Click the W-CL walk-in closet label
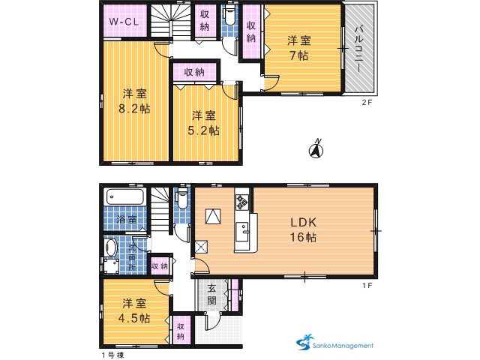tap(124, 22)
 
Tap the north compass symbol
tap(316, 148)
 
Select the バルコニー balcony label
tap(359, 49)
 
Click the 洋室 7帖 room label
tap(299, 48)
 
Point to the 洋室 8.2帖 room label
tap(135, 101)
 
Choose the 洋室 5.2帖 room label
tap(203, 123)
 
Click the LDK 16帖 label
tap(303, 229)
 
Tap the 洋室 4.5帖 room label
tap(134, 311)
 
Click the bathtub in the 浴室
tap(125, 196)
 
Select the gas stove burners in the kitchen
tap(241, 202)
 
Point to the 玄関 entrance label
tap(211, 295)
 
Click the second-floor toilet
tap(229, 16)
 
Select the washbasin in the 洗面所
tap(111, 247)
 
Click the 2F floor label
tap(367, 103)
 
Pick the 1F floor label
tap(367, 286)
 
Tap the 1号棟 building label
tap(112, 355)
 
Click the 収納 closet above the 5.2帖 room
tap(194, 72)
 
